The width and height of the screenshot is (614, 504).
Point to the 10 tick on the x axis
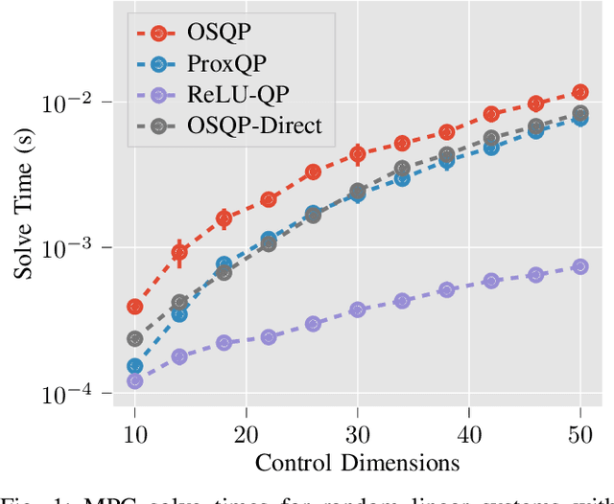point(135,433)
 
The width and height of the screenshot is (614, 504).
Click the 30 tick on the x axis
point(357,433)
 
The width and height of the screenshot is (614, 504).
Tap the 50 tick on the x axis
point(579,433)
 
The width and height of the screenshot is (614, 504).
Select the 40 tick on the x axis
point(468,433)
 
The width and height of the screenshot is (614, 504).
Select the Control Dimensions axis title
point(357,463)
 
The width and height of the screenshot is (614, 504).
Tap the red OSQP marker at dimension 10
point(135,307)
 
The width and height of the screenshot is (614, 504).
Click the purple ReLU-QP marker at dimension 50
point(579,266)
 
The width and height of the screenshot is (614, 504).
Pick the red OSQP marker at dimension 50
point(579,92)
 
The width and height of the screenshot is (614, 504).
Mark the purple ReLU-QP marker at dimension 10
point(135,380)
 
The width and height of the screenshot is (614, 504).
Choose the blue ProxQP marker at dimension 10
point(135,366)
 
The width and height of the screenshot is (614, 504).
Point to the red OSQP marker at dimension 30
point(357,153)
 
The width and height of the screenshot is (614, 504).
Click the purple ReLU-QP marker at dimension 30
point(357,309)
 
